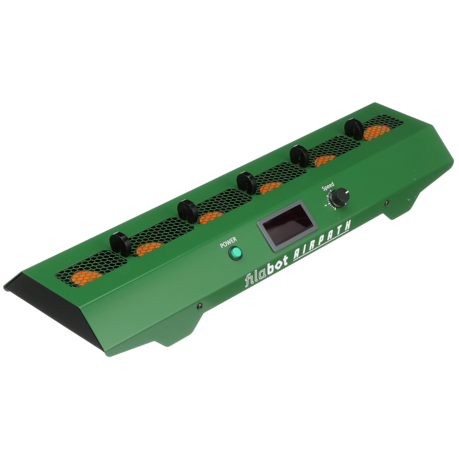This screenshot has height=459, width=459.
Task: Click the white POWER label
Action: click(x=228, y=242)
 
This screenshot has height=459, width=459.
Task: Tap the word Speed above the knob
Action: click(x=328, y=187)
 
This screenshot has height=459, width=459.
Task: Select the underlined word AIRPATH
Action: click(x=322, y=240)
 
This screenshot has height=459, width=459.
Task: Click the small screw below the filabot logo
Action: click(x=200, y=306)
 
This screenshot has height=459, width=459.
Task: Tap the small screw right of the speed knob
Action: click(x=387, y=202)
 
